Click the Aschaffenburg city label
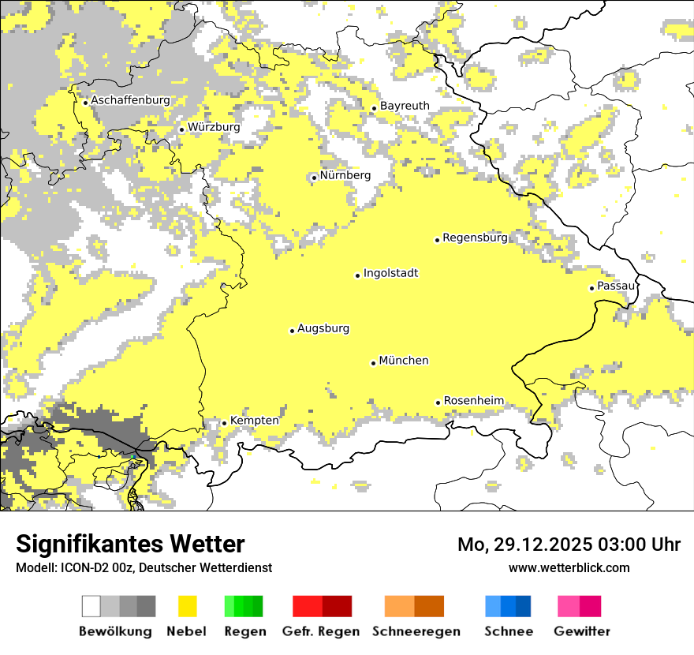point(130,100)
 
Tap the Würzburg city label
point(214,127)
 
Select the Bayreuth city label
point(405,106)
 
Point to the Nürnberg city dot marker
point(314,178)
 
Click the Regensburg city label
point(475,238)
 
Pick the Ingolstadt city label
point(390,273)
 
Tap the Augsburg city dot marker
point(292,331)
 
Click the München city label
point(404,361)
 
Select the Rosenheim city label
point(473,401)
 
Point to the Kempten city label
point(254,421)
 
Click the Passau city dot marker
point(591,288)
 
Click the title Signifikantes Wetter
point(130,545)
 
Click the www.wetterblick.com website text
point(569,567)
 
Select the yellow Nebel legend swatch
point(187,606)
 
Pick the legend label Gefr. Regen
point(321,631)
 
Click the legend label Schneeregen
point(416,631)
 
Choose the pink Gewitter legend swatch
point(569,606)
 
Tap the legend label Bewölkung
point(115,631)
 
